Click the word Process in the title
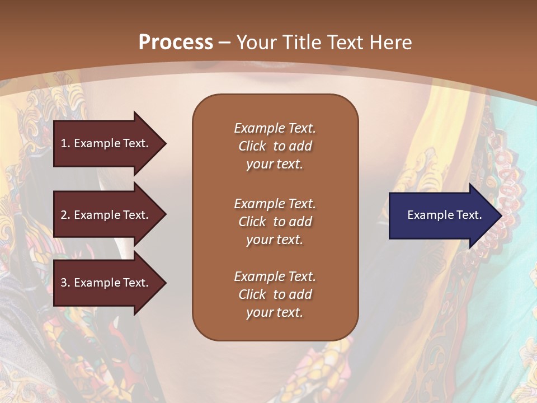click(x=176, y=43)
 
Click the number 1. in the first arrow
click(x=65, y=143)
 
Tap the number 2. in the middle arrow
click(x=65, y=215)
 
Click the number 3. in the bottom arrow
click(x=65, y=283)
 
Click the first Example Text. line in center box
click(x=275, y=128)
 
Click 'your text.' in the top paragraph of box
click(x=275, y=165)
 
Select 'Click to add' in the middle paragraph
click(x=275, y=222)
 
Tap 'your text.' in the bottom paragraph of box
click(x=275, y=313)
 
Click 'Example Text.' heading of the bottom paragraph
click(x=275, y=277)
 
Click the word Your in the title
click(x=255, y=43)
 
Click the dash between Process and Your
click(x=225, y=43)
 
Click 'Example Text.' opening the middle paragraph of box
click(x=275, y=204)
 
